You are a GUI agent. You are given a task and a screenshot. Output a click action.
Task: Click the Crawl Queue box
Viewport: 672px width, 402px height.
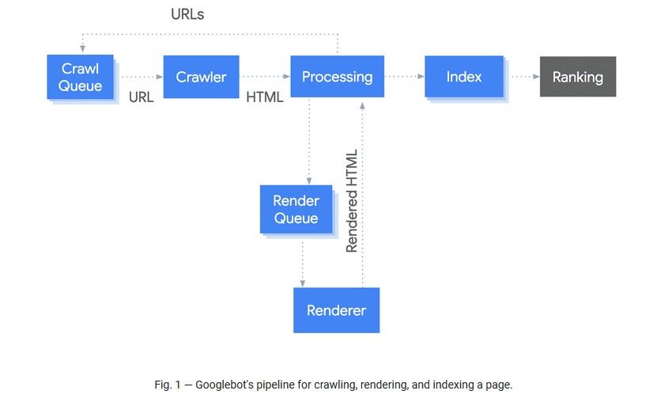[x=80, y=77]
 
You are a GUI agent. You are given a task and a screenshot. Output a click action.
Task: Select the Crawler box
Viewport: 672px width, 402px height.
[x=201, y=77]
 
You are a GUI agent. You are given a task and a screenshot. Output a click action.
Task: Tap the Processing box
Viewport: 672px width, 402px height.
[x=337, y=77]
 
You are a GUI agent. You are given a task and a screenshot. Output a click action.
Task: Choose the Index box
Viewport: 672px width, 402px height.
[x=463, y=77]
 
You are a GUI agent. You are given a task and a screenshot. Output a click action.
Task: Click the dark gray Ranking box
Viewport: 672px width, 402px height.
[x=577, y=77]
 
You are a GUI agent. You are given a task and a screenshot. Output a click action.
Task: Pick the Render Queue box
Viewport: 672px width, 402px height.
[x=296, y=210]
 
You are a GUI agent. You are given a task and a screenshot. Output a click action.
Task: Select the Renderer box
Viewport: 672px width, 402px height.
[x=336, y=310]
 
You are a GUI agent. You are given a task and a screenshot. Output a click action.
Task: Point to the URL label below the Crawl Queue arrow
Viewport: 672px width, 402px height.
[x=141, y=98]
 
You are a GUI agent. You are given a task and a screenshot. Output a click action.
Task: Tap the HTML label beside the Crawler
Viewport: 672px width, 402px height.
[x=265, y=98]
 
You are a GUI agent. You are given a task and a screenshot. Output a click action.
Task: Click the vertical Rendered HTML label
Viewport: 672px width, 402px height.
[x=352, y=201]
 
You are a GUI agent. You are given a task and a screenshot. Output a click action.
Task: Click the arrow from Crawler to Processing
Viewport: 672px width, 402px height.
[x=264, y=77]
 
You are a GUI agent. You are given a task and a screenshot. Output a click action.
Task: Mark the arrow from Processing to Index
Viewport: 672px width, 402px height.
[x=404, y=77]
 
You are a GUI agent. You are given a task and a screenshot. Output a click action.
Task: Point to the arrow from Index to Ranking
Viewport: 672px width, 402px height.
[x=522, y=77]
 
